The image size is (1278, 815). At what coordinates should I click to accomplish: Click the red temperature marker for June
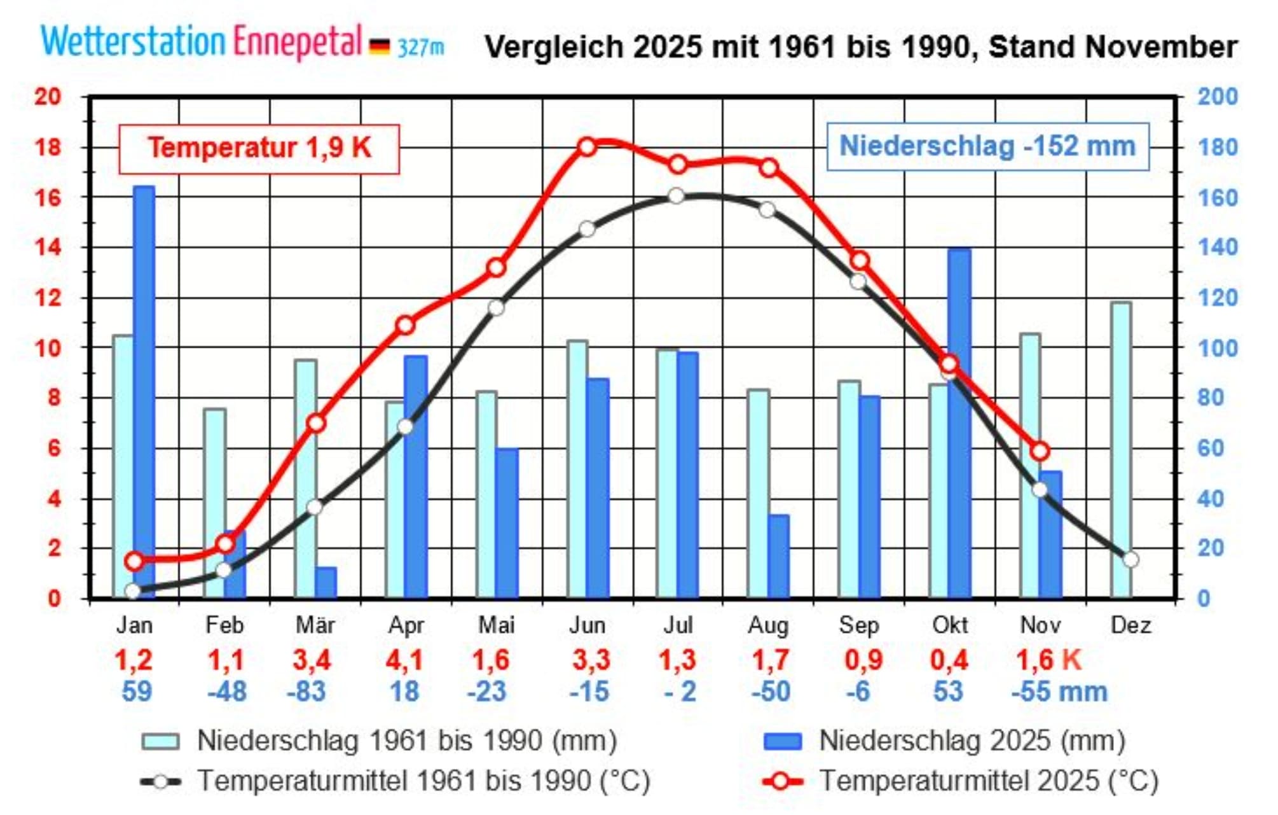[587, 147]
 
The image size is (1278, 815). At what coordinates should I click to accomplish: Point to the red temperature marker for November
[1040, 451]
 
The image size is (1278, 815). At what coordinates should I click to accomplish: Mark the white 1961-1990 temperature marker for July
[677, 195]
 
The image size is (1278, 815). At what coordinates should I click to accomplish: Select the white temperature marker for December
[1130, 559]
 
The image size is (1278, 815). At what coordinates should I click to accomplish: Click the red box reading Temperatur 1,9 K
[259, 148]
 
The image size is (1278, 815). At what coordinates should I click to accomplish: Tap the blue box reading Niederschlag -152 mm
[987, 146]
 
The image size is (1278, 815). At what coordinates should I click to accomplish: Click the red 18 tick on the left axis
[48, 148]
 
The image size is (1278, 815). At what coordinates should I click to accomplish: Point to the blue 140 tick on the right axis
[1218, 247]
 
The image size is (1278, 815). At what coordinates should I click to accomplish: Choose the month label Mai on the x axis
[497, 625]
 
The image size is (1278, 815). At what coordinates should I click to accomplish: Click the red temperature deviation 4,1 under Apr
[404, 660]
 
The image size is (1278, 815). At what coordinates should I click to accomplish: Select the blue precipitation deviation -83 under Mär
[306, 692]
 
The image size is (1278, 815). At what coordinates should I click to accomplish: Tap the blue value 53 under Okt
[948, 692]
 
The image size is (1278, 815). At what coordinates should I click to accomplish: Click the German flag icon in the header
[380, 46]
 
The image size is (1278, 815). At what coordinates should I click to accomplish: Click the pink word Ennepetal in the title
[298, 42]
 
